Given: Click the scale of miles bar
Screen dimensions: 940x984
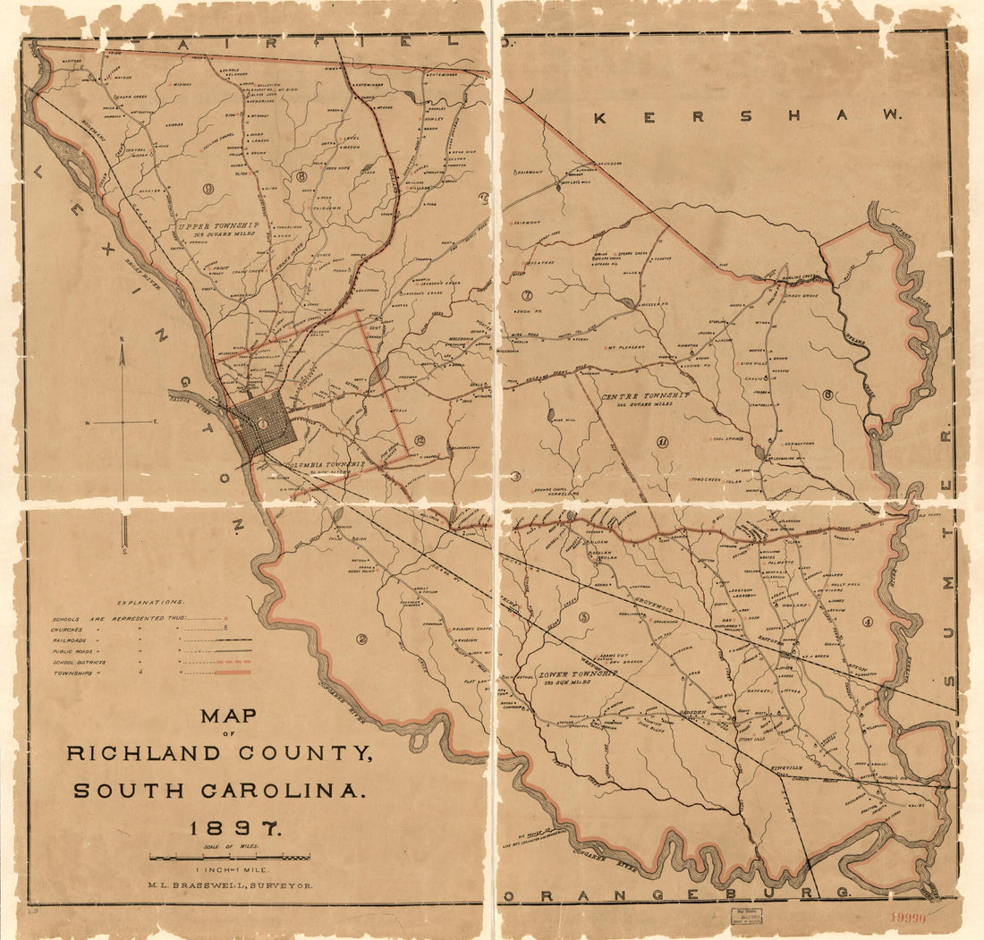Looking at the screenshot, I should tap(230, 857).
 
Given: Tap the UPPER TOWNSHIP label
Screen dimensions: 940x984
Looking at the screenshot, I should tap(217, 226).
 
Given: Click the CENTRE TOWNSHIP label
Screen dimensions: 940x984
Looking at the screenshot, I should tap(645, 395).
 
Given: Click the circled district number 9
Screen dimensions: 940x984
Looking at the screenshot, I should tap(208, 188).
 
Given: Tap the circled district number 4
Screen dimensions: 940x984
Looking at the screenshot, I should tap(867, 622).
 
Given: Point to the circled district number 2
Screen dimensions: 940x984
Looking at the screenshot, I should tap(362, 639).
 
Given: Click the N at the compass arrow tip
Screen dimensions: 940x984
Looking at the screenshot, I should tap(123, 339).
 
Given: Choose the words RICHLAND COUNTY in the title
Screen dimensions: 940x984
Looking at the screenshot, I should tap(220, 753).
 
